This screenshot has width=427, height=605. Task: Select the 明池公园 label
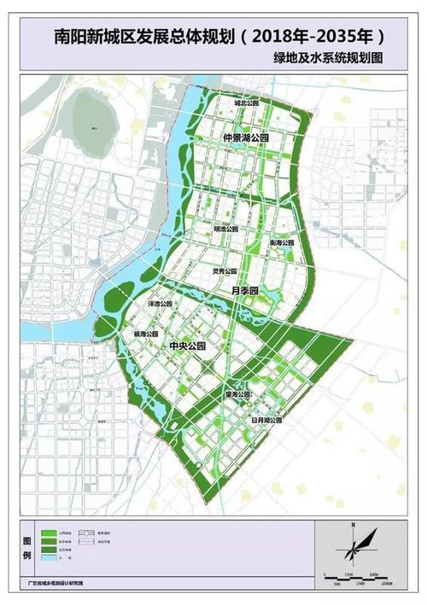[x=225, y=230]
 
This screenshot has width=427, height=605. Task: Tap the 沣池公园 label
[x=161, y=304]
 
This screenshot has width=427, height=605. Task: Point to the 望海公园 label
[x=237, y=395]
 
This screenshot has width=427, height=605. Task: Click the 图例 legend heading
[x=25, y=550]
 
